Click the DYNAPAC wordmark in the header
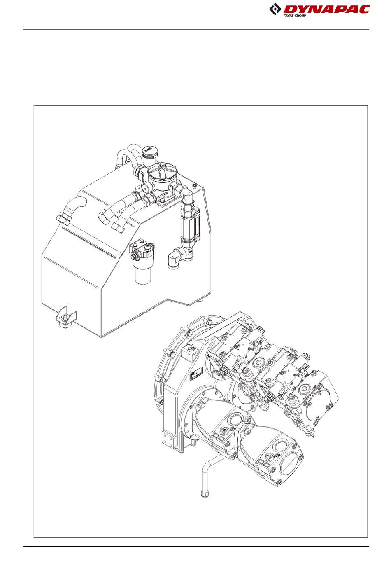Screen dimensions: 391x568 coord(326,9)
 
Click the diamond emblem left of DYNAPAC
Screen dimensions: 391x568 coord(275,9)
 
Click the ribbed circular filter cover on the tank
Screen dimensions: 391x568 coord(162,173)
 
